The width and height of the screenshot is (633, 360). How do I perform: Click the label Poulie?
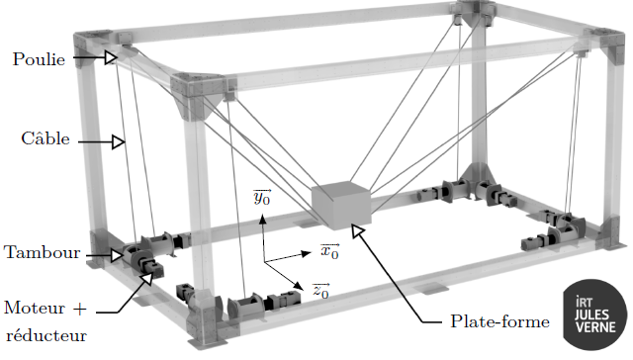tap(39, 59)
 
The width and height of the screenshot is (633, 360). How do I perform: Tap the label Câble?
tap(45, 138)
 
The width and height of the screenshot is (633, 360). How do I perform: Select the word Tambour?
tap(42, 252)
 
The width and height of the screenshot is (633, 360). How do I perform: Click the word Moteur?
tap(35, 308)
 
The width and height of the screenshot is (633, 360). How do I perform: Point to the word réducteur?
tap(46, 336)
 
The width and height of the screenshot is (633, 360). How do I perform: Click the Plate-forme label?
tap(499, 321)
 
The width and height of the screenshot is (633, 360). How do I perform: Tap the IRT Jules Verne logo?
tap(595, 315)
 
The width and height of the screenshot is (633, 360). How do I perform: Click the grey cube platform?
tap(341, 205)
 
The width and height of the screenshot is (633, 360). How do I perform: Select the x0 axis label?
tap(329, 251)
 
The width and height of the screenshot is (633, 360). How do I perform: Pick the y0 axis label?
tap(262, 197)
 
